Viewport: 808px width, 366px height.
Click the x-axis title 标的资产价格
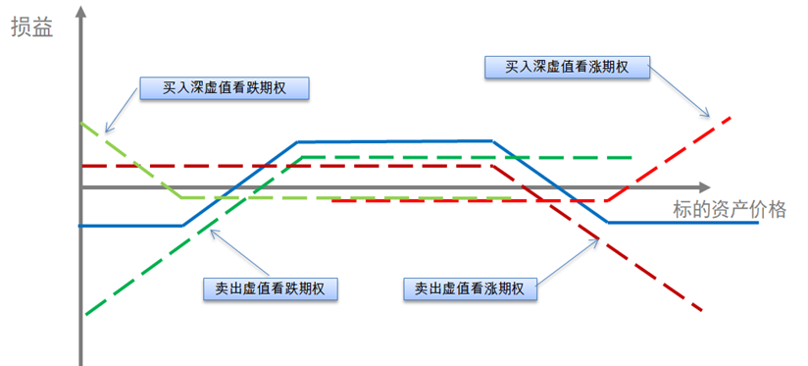pos(730,208)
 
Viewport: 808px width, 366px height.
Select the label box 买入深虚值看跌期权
pos(224,88)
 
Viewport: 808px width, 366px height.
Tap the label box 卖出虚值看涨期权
pos(470,289)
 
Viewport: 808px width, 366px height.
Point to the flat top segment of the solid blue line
pos(392,141)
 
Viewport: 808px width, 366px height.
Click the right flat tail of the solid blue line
pos(686,223)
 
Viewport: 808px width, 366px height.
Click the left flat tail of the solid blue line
pos(127,225)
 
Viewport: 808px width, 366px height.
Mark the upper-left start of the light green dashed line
pos(81,124)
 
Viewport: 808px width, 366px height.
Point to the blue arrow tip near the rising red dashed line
pos(707,117)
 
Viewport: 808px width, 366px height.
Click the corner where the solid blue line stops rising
pos(297,142)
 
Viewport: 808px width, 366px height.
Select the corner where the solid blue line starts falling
pos(491,141)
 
